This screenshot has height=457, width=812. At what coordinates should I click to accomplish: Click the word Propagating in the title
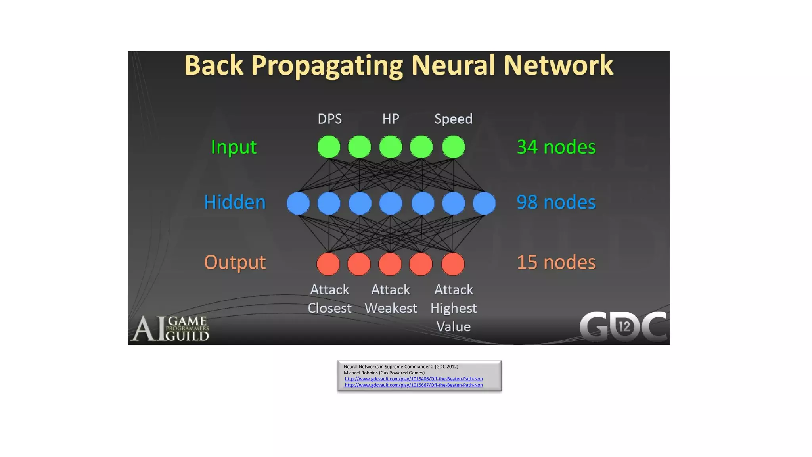point(327,66)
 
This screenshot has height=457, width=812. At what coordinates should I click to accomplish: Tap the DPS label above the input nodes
point(329,119)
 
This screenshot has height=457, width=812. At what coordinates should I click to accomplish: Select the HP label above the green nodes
point(391,119)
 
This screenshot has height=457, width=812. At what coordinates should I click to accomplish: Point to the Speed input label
point(453,119)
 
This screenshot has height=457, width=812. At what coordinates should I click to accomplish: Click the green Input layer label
point(234,147)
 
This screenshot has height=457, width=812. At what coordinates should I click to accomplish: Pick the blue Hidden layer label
point(235,202)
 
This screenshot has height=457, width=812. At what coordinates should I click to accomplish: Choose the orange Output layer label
point(235,262)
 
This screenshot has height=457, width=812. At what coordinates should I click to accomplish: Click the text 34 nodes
point(556,147)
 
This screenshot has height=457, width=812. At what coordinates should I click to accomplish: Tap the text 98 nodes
point(556,202)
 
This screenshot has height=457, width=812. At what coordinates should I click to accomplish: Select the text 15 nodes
point(556,262)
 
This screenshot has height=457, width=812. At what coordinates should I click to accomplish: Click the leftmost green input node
point(329,147)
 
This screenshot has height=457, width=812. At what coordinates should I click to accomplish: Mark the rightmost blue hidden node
point(484,203)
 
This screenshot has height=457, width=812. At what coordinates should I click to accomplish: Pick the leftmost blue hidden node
point(298,203)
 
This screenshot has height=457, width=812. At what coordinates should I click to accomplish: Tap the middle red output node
point(390,264)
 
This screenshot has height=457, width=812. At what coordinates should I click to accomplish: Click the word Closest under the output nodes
point(329,308)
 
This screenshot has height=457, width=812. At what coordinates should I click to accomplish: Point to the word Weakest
point(391,308)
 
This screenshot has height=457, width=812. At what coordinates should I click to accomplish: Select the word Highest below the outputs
point(453,308)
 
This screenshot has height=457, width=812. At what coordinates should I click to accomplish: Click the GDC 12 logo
point(623,327)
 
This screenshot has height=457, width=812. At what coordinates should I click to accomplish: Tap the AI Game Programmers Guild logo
point(170,328)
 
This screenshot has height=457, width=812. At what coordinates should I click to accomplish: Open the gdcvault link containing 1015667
point(414,385)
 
